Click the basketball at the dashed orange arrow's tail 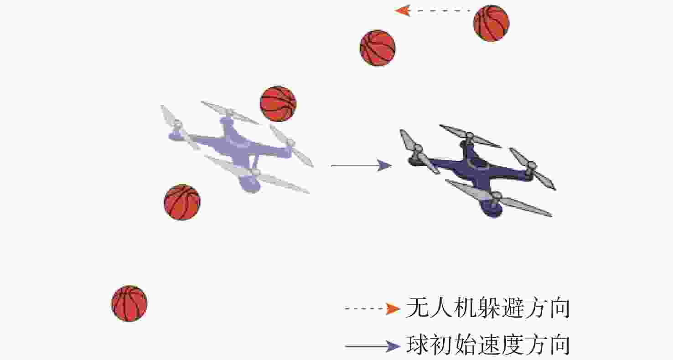(491, 23)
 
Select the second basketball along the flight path (378, 48)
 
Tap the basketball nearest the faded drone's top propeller (278, 104)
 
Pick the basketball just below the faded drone (182, 202)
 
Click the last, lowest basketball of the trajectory (129, 303)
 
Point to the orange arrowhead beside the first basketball (403, 11)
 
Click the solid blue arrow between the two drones (362, 165)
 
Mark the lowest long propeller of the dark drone (499, 198)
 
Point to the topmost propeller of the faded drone (230, 113)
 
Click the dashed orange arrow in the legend (373, 309)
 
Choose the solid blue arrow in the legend (373, 346)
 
